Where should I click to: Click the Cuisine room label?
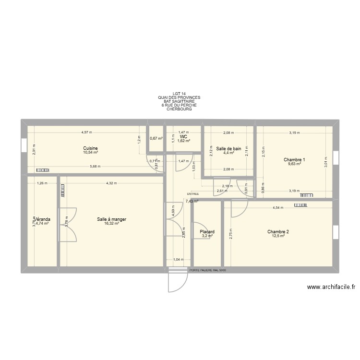coord(90,148)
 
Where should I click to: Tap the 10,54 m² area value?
coord(90,153)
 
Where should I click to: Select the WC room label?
coord(184,137)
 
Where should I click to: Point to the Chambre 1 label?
coord(294,159)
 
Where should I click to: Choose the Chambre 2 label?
coord(278,232)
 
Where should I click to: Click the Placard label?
coord(207,232)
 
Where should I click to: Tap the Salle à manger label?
coord(111,219)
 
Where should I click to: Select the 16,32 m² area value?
coord(111,224)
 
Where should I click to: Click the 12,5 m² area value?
coord(278,236)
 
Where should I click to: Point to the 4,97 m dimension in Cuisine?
coord(86,132)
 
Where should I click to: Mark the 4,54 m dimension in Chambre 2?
coord(278,208)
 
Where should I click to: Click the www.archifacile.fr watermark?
coord(331,288)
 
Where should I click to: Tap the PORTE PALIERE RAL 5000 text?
coord(208,270)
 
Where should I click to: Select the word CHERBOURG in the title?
coord(179,109)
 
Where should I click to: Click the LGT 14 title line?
coord(179,94)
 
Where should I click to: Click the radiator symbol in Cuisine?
coord(42,169)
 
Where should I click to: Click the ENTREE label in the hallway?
coord(193,194)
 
